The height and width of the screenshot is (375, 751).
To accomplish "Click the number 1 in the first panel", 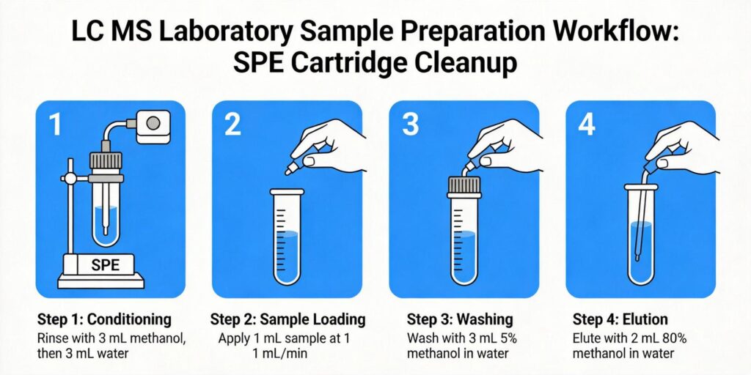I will click(x=55, y=125).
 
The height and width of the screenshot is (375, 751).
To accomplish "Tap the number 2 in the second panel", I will click(x=232, y=125).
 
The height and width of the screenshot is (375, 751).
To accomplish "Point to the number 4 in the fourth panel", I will click(x=587, y=125).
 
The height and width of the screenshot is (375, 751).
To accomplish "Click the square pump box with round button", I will click(x=153, y=125).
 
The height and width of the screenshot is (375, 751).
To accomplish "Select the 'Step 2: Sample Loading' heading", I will click(x=287, y=319).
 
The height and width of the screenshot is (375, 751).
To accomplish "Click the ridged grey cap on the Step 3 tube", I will click(x=464, y=185).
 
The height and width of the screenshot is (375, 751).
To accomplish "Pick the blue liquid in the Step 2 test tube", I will click(x=287, y=256).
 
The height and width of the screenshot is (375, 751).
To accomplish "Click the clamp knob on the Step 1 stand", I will click(x=65, y=178).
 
